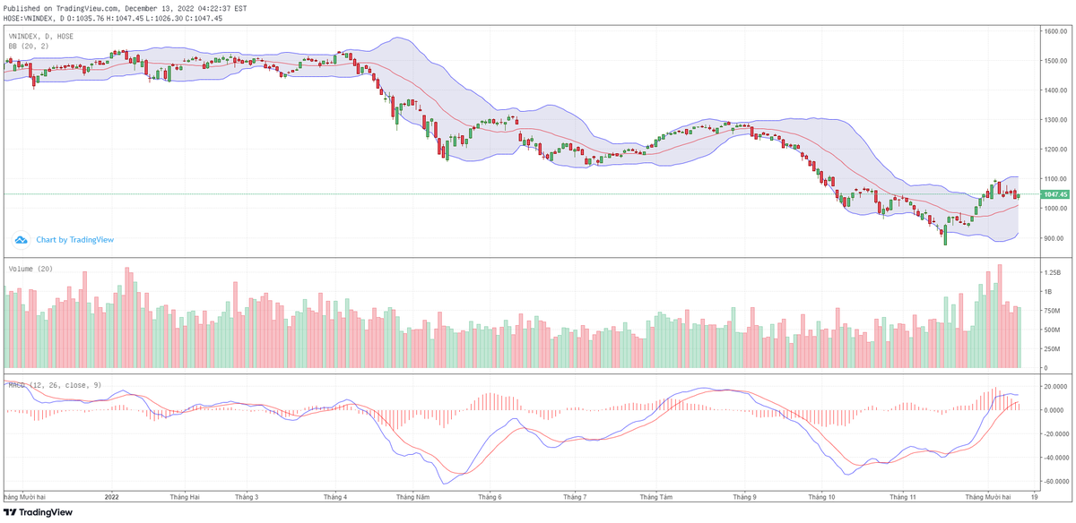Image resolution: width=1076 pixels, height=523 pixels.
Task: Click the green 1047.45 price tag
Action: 1054,194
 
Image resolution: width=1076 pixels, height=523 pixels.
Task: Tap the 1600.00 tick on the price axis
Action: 1054,31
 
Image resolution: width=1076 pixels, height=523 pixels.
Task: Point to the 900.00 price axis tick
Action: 1053,238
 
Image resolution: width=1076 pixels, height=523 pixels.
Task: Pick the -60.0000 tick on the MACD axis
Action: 1054,481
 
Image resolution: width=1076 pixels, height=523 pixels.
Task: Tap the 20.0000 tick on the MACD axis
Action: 1054,386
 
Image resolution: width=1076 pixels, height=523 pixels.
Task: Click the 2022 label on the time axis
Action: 112,496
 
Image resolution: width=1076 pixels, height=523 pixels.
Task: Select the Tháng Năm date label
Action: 412,496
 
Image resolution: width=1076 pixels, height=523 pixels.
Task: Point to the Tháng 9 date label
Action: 744,496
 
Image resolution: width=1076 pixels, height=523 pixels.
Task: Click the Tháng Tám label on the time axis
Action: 658,496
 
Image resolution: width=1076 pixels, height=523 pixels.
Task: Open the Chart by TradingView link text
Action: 75,240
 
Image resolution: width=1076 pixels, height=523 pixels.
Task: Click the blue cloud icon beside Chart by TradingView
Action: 22,240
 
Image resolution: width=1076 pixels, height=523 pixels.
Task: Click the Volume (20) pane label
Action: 30,269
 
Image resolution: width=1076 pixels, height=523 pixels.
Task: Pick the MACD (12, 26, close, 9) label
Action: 56,385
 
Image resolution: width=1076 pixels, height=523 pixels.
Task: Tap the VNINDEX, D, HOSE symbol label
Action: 41,37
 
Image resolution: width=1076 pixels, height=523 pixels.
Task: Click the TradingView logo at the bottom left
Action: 37,512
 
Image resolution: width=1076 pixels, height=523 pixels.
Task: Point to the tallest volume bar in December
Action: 999,316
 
